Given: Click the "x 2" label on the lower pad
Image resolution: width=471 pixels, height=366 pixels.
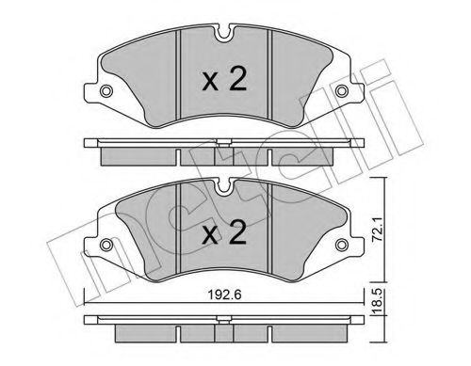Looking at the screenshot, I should tap(224, 231).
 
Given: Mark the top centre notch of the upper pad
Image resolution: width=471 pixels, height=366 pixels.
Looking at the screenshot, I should tap(223, 38).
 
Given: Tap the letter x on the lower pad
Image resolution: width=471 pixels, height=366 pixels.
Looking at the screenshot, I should tap(212, 232).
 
